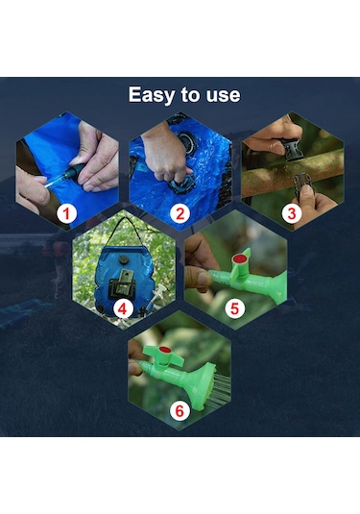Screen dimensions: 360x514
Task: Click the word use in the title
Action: pos(224,95)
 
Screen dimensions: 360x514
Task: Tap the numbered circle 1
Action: pos(66,213)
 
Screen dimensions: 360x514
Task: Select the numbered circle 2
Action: pos(180,213)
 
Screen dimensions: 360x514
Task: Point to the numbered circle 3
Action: pos(292,213)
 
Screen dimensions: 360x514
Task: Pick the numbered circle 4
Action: pos(123,308)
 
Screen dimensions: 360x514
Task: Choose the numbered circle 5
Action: pos(235,308)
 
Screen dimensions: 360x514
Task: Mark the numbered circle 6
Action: pos(180,410)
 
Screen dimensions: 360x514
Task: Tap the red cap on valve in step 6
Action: pos(165,350)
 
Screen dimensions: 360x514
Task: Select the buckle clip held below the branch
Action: pos(303,184)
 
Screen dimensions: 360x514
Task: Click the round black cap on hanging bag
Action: pos(124,259)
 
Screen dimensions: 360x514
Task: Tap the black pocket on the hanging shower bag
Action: pos(122,288)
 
